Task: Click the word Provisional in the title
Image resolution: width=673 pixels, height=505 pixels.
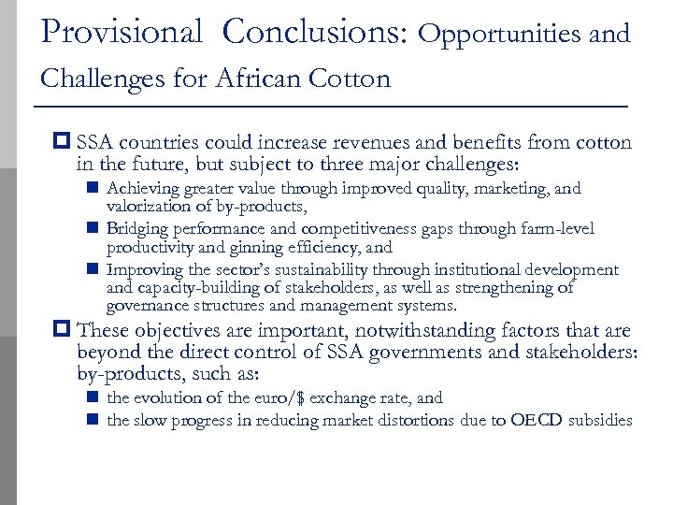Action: coord(122,33)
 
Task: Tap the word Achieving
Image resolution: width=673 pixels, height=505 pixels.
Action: coord(141,189)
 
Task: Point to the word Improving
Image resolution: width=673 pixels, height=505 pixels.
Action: coord(142,270)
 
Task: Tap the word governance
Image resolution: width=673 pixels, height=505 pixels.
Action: coord(147,306)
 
